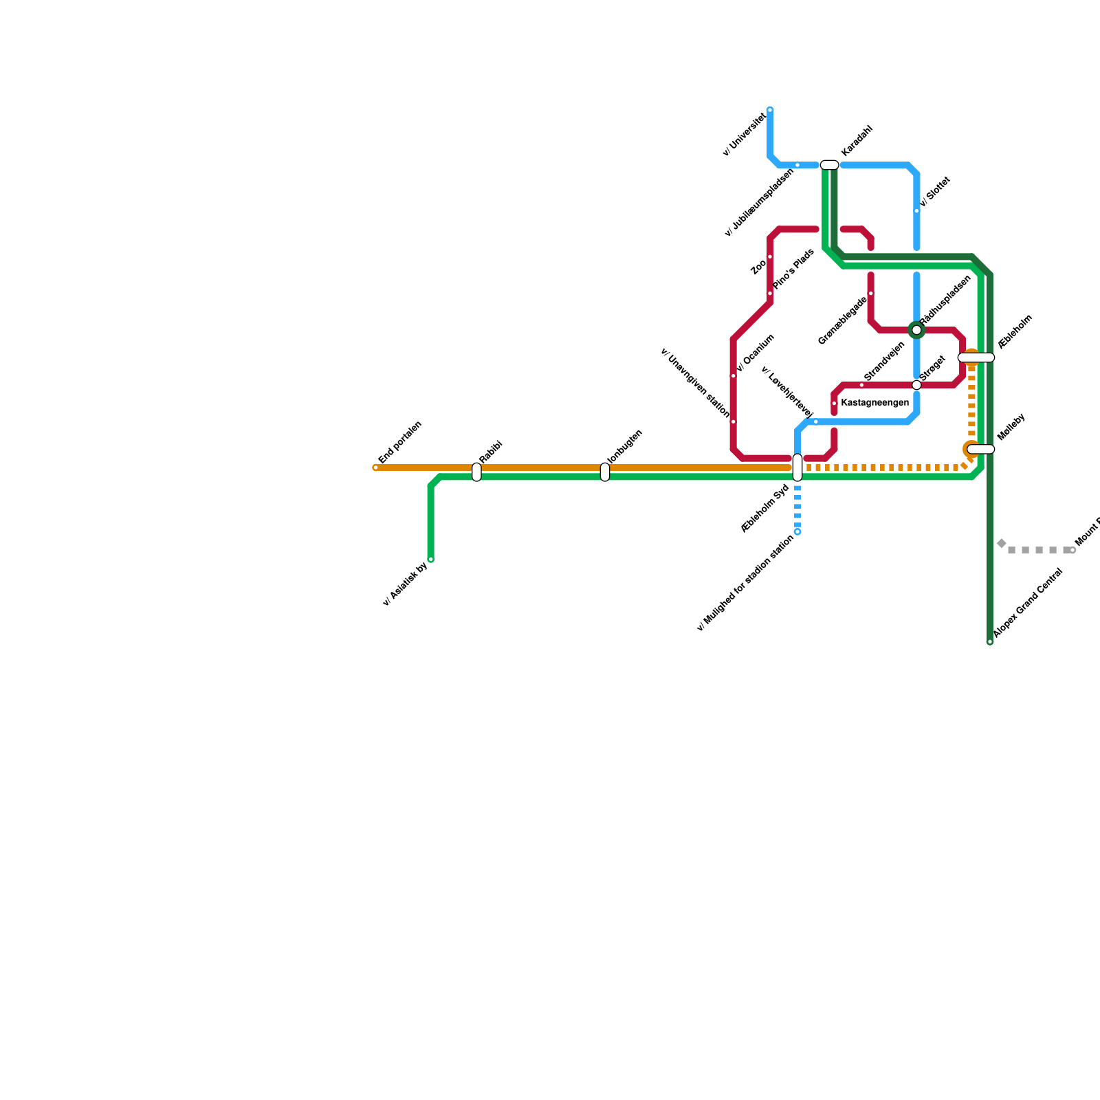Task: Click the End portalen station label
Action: (400, 442)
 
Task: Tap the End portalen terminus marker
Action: (376, 468)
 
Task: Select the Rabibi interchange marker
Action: (476, 472)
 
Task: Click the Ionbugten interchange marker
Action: (605, 472)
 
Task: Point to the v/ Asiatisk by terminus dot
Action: (431, 560)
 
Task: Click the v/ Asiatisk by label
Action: (406, 584)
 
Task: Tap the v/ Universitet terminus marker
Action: (770, 110)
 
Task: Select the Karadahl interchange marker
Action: (829, 165)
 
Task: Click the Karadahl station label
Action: (857, 140)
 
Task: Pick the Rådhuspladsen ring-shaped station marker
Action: (916, 331)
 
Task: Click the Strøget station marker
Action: (916, 385)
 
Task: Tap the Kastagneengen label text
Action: (875, 403)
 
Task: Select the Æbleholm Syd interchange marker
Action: (797, 467)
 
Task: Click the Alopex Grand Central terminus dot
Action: (990, 642)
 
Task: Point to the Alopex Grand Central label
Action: (1028, 603)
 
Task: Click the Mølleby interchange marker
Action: (981, 450)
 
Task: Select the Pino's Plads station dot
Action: (770, 294)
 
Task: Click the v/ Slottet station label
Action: (935, 192)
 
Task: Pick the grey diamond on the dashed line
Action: (1002, 544)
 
